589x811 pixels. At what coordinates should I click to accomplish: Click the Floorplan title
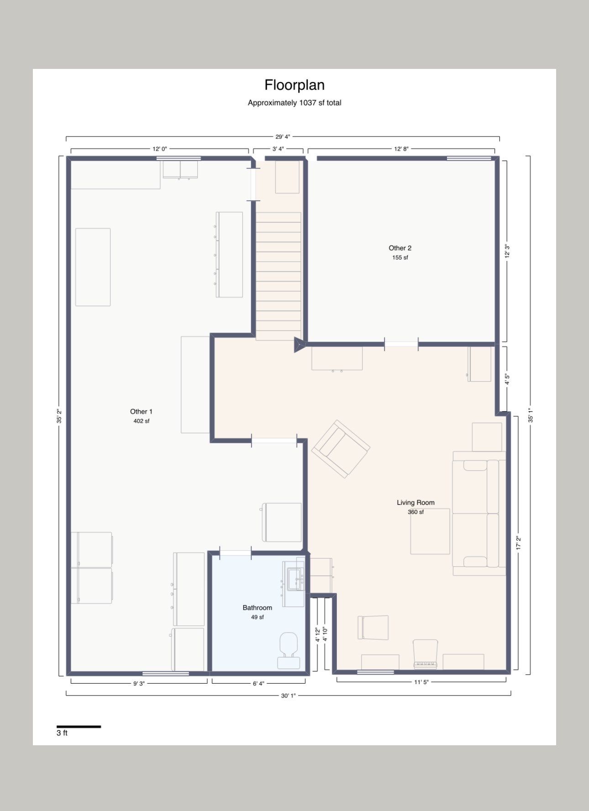point(294,85)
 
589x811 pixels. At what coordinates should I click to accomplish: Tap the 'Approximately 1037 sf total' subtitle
point(294,103)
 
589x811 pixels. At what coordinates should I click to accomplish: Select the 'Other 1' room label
point(141,411)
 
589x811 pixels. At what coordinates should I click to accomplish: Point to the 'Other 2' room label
point(400,248)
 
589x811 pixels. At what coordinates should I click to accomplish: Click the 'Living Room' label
point(415,502)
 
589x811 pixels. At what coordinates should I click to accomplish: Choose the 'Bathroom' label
point(257,607)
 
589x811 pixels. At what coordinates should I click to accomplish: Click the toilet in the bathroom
point(288,650)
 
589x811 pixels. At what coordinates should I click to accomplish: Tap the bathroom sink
point(294,580)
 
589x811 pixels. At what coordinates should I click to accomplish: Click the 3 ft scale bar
point(79,727)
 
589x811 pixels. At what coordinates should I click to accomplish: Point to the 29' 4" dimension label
point(283,136)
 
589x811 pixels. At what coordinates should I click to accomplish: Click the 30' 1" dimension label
point(289,696)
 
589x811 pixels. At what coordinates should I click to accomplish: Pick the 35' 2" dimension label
point(59,416)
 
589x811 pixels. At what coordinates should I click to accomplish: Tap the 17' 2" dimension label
point(518,543)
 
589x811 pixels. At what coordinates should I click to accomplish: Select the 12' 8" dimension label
point(401,149)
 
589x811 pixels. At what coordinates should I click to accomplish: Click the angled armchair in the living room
point(341,449)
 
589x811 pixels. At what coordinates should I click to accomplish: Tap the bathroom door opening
point(236,553)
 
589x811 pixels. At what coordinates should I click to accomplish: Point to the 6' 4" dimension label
point(258,683)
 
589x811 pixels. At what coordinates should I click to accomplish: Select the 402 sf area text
point(141,421)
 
